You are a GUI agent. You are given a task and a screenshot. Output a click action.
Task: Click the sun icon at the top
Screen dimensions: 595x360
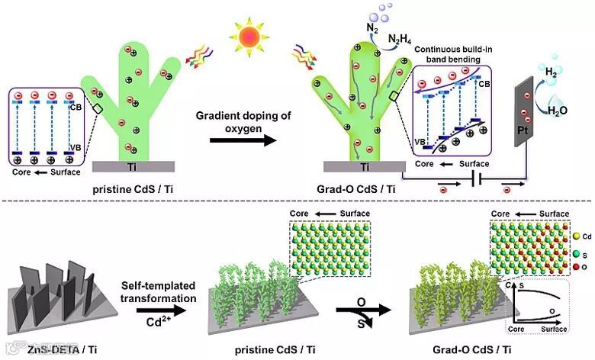coord(250,37)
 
